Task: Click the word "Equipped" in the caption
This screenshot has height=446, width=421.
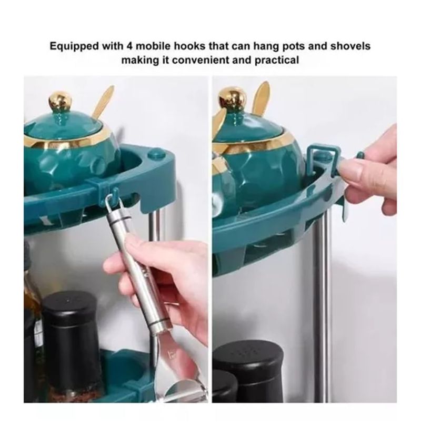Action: coord(75,47)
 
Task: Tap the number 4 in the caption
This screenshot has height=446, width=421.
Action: coord(129,46)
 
